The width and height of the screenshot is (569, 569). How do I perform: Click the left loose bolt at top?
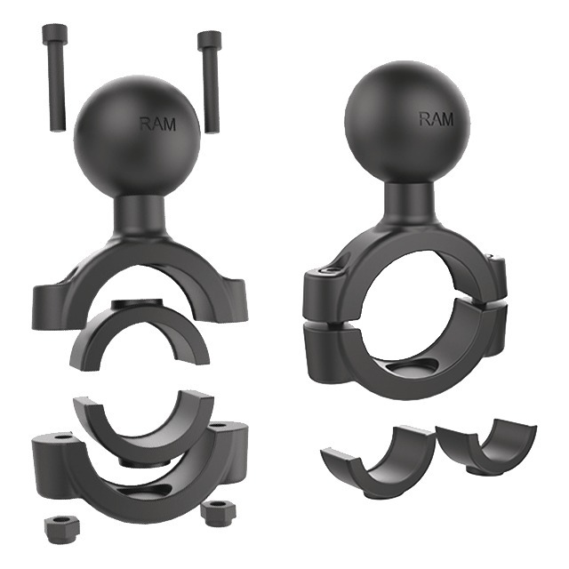point(54,78)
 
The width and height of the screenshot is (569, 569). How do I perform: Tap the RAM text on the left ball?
point(158,124)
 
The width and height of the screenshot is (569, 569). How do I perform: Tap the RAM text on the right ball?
point(437,119)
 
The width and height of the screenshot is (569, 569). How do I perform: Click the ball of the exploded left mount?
point(137,135)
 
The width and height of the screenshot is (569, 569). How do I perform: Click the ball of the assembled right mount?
point(407,124)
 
